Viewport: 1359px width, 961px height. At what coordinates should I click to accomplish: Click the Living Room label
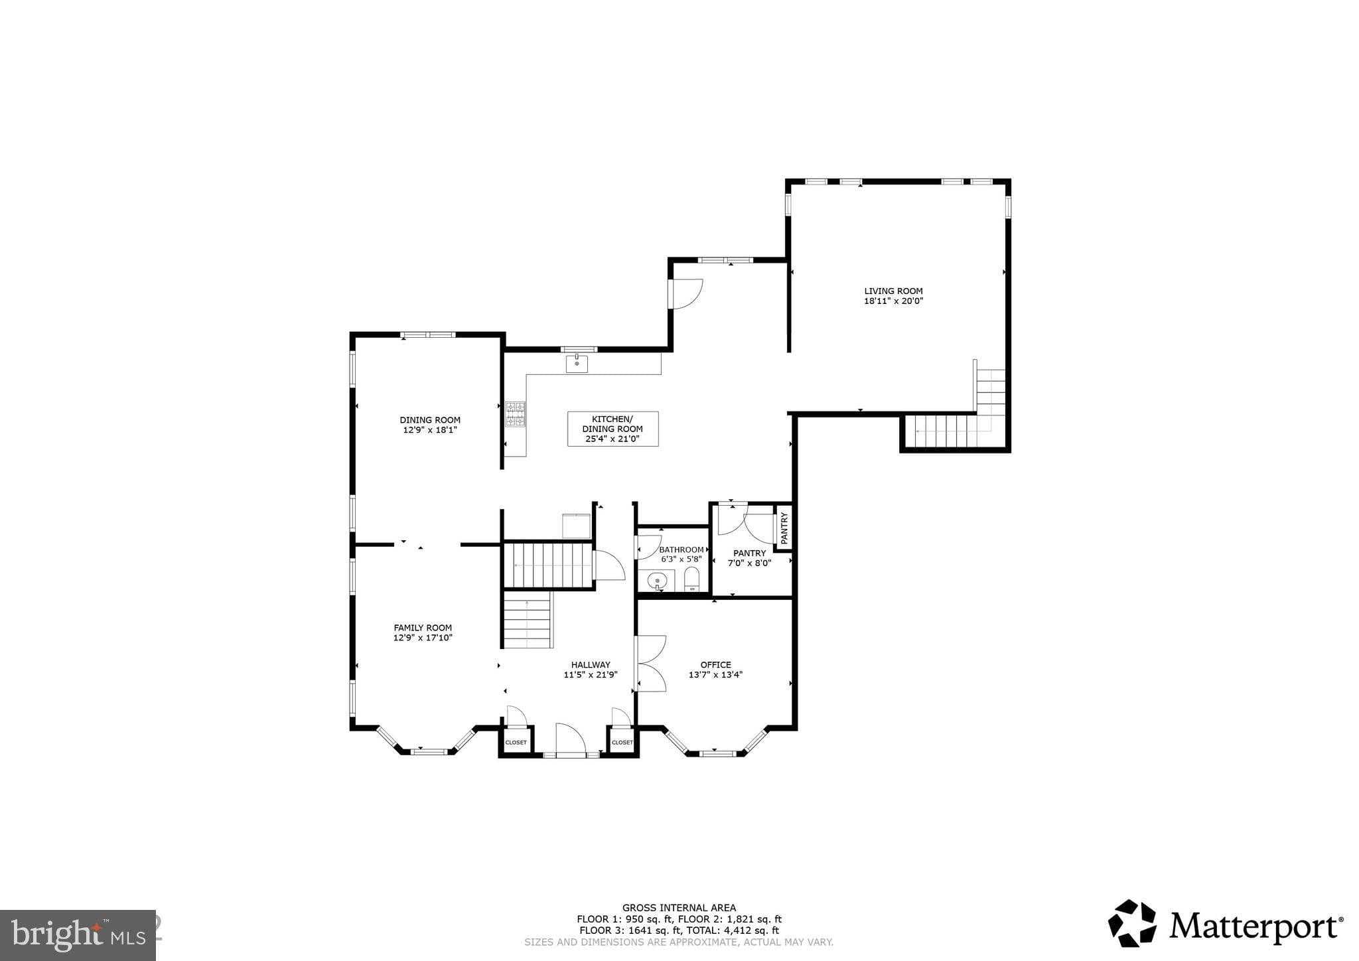pyautogui.click(x=893, y=291)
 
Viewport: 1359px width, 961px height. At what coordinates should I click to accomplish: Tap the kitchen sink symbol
pyautogui.click(x=577, y=364)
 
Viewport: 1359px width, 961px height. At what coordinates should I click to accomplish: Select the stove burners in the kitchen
pyautogui.click(x=515, y=414)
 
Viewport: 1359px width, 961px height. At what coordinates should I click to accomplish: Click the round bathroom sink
pyautogui.click(x=657, y=581)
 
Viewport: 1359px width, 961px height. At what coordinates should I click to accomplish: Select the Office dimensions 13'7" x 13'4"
pyautogui.click(x=715, y=675)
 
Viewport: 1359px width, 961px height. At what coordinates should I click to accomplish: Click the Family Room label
pyautogui.click(x=423, y=628)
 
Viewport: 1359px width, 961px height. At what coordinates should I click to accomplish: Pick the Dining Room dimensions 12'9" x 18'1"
pyautogui.click(x=429, y=430)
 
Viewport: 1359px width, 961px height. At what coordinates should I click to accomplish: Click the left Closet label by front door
pyautogui.click(x=516, y=743)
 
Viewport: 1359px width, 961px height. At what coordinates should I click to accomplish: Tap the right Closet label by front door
pyautogui.click(x=622, y=743)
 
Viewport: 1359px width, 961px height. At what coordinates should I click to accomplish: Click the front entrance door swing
pyautogui.click(x=569, y=739)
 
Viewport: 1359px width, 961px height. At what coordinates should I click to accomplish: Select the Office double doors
pyautogui.click(x=650, y=664)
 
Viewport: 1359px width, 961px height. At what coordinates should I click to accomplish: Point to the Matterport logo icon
pyautogui.click(x=1132, y=923)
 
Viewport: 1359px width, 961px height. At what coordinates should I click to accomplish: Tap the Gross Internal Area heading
pyautogui.click(x=678, y=908)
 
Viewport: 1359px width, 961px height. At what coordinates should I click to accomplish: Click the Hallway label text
pyautogui.click(x=591, y=665)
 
